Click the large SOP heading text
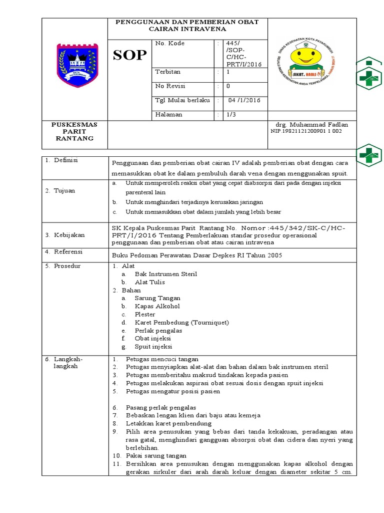pyautogui.click(x=129, y=55)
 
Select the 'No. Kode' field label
pyautogui.click(x=170, y=44)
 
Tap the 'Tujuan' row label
pyautogui.click(x=64, y=191)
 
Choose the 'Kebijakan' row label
pyautogui.click(x=69, y=235)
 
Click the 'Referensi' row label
pyautogui.click(x=68, y=251)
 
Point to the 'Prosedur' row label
pyautogui.click(x=67, y=266)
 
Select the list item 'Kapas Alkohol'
pyautogui.click(x=157, y=306)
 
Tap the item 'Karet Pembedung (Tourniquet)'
pyautogui.click(x=181, y=322)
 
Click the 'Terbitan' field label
pyautogui.click(x=168, y=72)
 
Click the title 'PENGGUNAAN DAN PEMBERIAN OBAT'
pyautogui.click(x=187, y=22)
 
